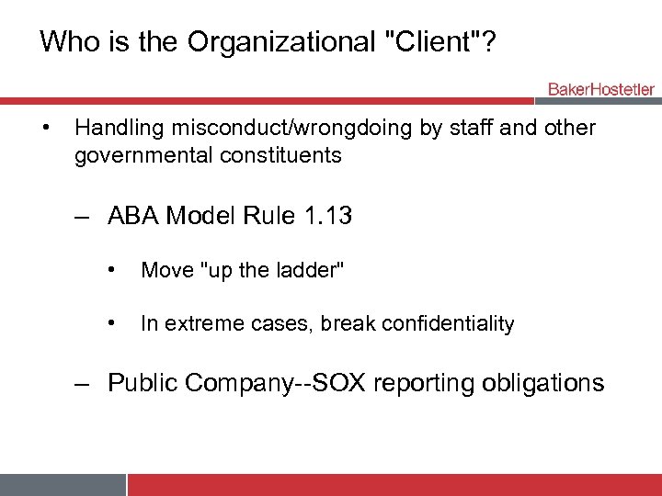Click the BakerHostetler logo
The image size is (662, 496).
pos(601,89)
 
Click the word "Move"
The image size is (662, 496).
pos(165,270)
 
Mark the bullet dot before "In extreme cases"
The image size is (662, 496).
pos(110,322)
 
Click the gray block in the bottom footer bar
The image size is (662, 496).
pos(63,485)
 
